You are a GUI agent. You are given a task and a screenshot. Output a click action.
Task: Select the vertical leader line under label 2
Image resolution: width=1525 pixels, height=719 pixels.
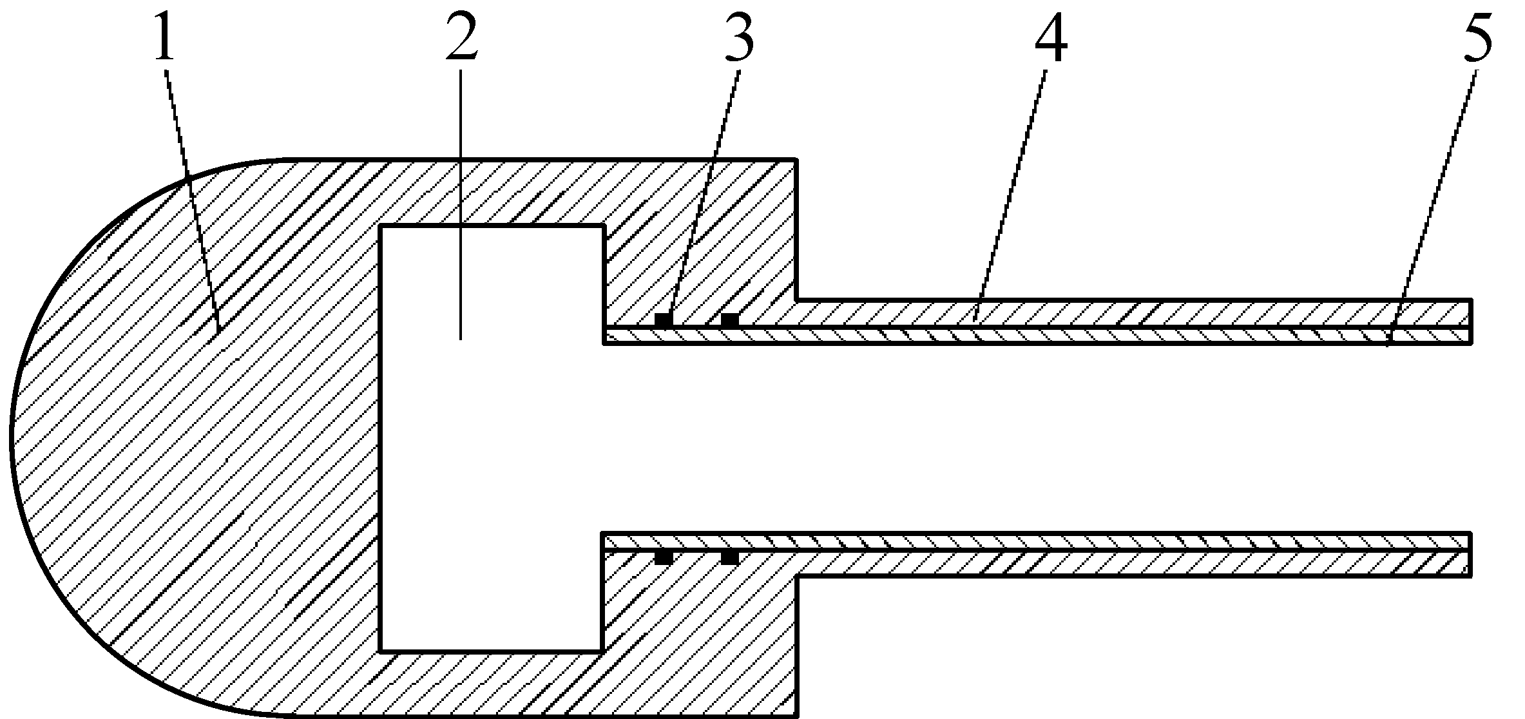coord(461,206)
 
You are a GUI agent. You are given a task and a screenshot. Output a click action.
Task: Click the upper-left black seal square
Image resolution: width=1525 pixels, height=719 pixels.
coord(664,320)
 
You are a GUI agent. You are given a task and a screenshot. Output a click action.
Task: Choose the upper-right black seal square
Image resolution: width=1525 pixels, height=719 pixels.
coord(729,320)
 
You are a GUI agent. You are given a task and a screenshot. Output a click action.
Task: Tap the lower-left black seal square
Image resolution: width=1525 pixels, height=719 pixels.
coord(664,557)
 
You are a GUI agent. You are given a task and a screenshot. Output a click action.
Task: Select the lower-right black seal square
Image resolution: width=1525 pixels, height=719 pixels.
coord(729,557)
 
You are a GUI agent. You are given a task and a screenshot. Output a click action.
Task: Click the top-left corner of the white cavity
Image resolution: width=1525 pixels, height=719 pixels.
coord(381,227)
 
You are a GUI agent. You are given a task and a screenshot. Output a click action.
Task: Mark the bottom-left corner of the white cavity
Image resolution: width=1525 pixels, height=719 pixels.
coord(381,650)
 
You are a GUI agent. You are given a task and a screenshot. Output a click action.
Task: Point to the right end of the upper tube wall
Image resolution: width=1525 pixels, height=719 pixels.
coord(1470,321)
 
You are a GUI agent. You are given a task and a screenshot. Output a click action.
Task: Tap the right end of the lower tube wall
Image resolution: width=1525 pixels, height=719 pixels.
coord(1470,554)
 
